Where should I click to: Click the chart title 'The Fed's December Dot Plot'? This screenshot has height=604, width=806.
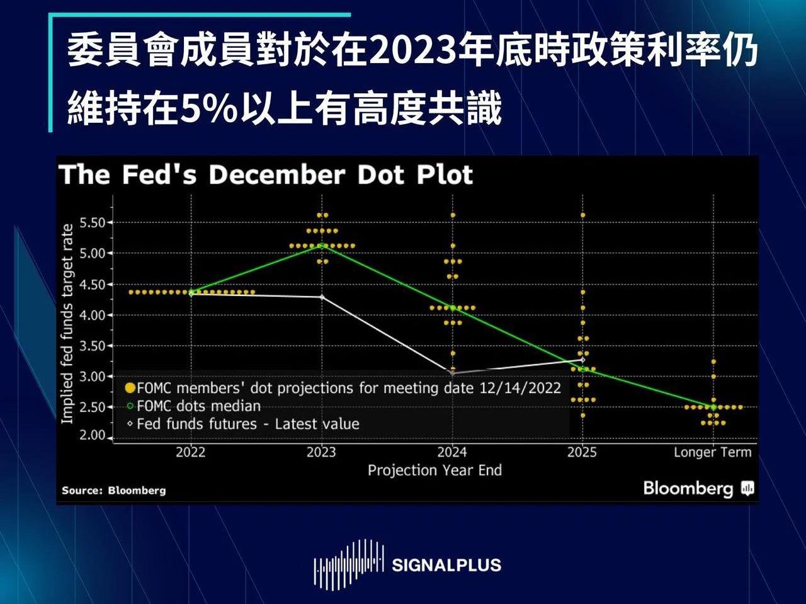(266, 175)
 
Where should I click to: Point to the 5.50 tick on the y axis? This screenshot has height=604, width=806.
(92, 222)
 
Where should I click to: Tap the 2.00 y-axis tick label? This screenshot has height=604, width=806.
(92, 435)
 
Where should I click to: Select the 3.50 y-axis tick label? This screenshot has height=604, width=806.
(92, 346)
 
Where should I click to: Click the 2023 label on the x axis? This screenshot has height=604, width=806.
(321, 452)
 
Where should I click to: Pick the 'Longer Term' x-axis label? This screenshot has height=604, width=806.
(712, 452)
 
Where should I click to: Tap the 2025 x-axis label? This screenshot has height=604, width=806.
(582, 452)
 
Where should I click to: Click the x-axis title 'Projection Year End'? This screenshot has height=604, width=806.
(434, 470)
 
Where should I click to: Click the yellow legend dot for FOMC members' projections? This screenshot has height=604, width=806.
(130, 387)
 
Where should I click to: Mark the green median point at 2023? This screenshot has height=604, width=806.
(322, 246)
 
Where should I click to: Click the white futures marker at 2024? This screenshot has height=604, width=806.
(452, 373)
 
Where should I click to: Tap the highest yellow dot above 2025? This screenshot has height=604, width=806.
(582, 215)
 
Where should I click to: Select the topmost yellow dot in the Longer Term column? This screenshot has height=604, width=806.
(713, 362)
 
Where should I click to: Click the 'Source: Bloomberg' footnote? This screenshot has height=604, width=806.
(114, 490)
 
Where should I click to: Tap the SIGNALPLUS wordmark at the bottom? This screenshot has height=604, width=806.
(446, 565)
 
